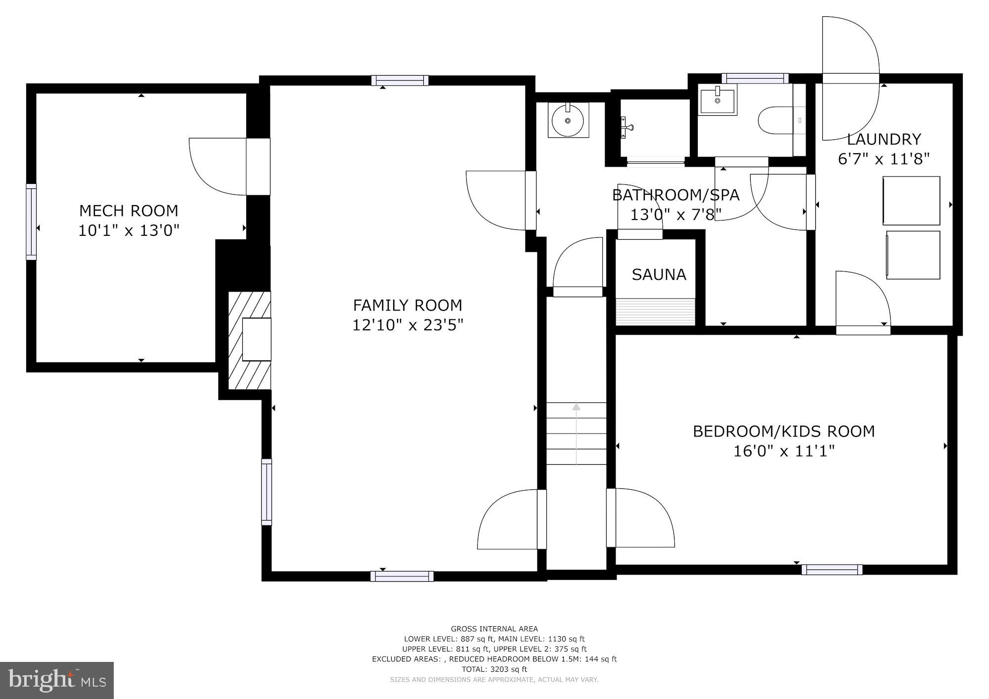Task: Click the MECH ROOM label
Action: [x=129, y=211]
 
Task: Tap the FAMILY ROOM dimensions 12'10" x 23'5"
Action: [x=407, y=325]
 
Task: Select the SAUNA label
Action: [x=659, y=274]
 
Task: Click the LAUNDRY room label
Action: [x=884, y=139]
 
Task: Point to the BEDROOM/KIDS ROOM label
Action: [x=783, y=431]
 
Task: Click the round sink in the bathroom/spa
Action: [x=568, y=120]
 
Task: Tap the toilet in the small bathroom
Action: [x=774, y=121]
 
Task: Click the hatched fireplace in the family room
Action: [x=250, y=340]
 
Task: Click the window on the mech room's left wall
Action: [x=31, y=221]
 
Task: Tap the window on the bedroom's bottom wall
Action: [x=832, y=569]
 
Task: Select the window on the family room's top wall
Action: [x=400, y=80]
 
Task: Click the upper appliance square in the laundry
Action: [x=911, y=200]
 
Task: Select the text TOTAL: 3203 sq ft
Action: [x=494, y=669]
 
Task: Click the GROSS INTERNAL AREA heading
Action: [x=494, y=629]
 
